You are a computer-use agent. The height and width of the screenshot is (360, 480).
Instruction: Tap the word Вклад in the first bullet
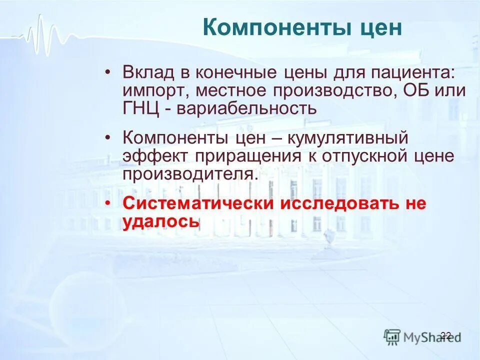point(148,73)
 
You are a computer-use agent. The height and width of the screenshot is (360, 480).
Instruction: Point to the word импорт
point(154,91)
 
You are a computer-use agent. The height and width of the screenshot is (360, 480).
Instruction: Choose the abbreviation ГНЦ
point(141,108)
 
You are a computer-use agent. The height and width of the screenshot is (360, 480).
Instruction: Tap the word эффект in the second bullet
point(155,155)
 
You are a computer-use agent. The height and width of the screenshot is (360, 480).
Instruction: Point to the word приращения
point(248,155)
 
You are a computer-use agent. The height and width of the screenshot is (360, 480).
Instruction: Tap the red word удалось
point(161,221)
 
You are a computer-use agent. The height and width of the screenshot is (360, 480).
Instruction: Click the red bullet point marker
point(108,203)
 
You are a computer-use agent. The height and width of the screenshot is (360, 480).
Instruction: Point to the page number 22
point(446,335)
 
